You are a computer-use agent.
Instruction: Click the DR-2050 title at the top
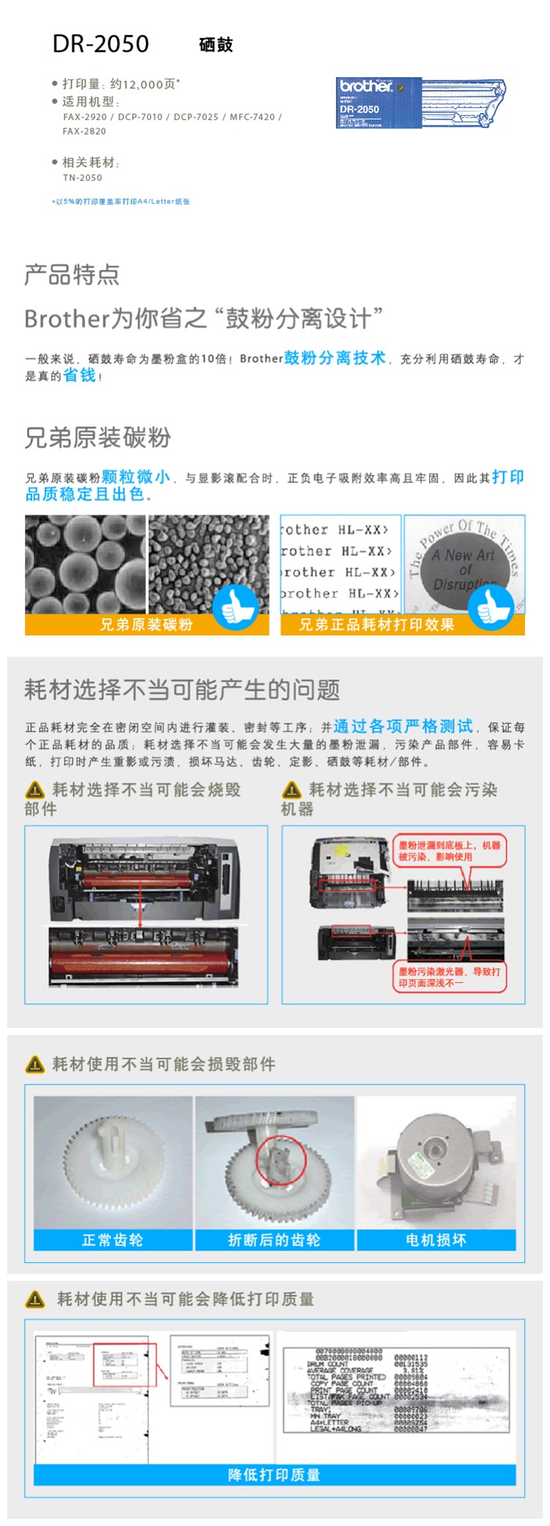pyautogui.click(x=100, y=44)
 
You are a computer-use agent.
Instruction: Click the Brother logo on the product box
pyautogui.click(x=365, y=86)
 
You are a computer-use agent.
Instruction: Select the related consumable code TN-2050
pyautogui.click(x=82, y=177)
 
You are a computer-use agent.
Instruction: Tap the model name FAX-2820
pyautogui.click(x=84, y=131)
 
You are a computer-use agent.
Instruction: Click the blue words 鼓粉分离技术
pyautogui.click(x=334, y=358)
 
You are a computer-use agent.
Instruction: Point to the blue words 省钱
pyautogui.click(x=79, y=375)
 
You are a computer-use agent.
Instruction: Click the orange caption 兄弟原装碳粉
pyautogui.click(x=146, y=624)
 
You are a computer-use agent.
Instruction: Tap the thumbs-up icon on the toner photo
pyautogui.click(x=235, y=606)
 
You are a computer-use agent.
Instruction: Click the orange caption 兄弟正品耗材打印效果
pyautogui.click(x=376, y=624)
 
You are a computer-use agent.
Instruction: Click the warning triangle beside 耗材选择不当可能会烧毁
pyautogui.click(x=34, y=790)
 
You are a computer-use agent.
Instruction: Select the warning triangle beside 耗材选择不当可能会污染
pyautogui.click(x=292, y=790)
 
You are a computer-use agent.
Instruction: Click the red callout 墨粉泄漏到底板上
pyautogui.click(x=450, y=851)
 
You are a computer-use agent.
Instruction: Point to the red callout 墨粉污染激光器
pyautogui.click(x=450, y=977)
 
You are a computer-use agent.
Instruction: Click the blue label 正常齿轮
pyautogui.click(x=112, y=1239)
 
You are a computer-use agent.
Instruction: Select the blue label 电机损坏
pyautogui.click(x=436, y=1239)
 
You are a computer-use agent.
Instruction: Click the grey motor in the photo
pyautogui.click(x=438, y=1158)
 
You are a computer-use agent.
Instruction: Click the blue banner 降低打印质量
pyautogui.click(x=274, y=1475)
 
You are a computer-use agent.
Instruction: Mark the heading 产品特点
pyautogui.click(x=72, y=275)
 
